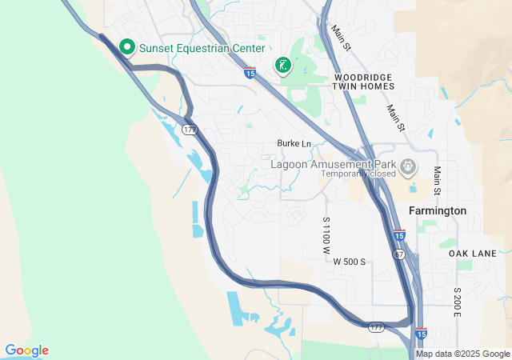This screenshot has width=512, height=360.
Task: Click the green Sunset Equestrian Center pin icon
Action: tap(126, 48)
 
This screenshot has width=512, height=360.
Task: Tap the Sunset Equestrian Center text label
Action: tap(202, 48)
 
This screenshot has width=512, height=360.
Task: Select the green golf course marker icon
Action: tap(282, 65)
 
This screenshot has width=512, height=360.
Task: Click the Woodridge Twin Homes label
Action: tap(363, 81)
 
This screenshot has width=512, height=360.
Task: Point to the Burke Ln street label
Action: tap(294, 143)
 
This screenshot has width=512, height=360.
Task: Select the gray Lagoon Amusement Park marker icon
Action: tap(409, 167)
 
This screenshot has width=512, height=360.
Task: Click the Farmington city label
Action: tap(437, 210)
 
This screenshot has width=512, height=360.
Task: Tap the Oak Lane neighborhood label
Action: tap(472, 253)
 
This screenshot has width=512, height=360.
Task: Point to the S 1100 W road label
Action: tap(326, 235)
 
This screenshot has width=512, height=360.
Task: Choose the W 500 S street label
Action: tap(349, 262)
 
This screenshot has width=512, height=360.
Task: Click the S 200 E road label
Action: tap(458, 302)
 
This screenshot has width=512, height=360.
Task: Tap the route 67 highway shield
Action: tap(399, 253)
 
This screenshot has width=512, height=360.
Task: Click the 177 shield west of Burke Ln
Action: tap(189, 129)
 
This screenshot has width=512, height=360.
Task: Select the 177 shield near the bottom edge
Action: tap(377, 327)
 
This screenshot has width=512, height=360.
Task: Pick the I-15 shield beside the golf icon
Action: tap(250, 74)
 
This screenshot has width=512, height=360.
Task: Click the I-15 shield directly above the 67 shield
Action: tap(399, 235)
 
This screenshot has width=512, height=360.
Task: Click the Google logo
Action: tap(26, 350)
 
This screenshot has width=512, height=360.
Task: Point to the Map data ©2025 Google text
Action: tap(462, 354)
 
